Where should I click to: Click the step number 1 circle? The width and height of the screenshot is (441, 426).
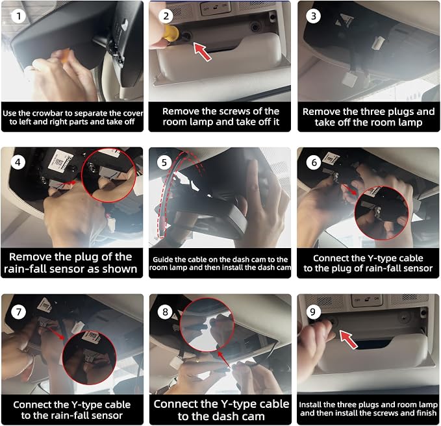19,16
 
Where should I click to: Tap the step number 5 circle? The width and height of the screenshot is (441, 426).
164,162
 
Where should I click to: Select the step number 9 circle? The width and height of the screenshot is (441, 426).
312,312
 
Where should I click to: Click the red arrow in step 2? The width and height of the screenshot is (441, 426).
203,52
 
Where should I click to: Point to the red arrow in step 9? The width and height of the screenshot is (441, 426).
349,340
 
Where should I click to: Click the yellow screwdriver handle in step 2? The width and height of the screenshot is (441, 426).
170,32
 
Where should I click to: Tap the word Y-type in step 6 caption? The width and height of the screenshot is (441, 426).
366,258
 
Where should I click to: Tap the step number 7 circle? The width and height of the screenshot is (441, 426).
19,312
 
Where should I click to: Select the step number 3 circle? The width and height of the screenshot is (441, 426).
313,16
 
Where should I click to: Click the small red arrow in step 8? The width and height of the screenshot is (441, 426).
224,359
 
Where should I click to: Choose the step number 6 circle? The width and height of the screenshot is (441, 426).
314,162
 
